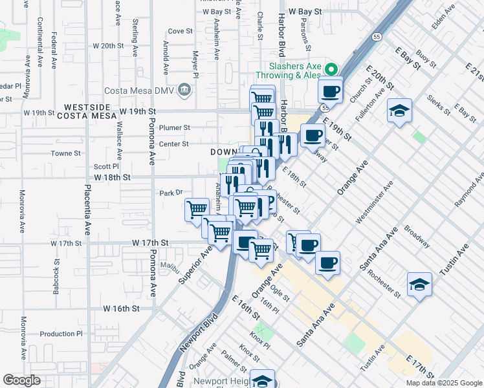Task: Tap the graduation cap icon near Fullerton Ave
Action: tap(399, 111)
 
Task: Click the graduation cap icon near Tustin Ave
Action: tap(419, 284)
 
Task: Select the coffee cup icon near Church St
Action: tap(330, 91)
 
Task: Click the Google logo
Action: tap(21, 380)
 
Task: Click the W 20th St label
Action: tap(108, 46)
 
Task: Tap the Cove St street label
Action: tap(181, 30)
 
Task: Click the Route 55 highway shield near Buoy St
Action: tap(376, 38)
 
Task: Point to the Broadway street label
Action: tap(417, 237)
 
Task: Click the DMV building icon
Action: tap(186, 89)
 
